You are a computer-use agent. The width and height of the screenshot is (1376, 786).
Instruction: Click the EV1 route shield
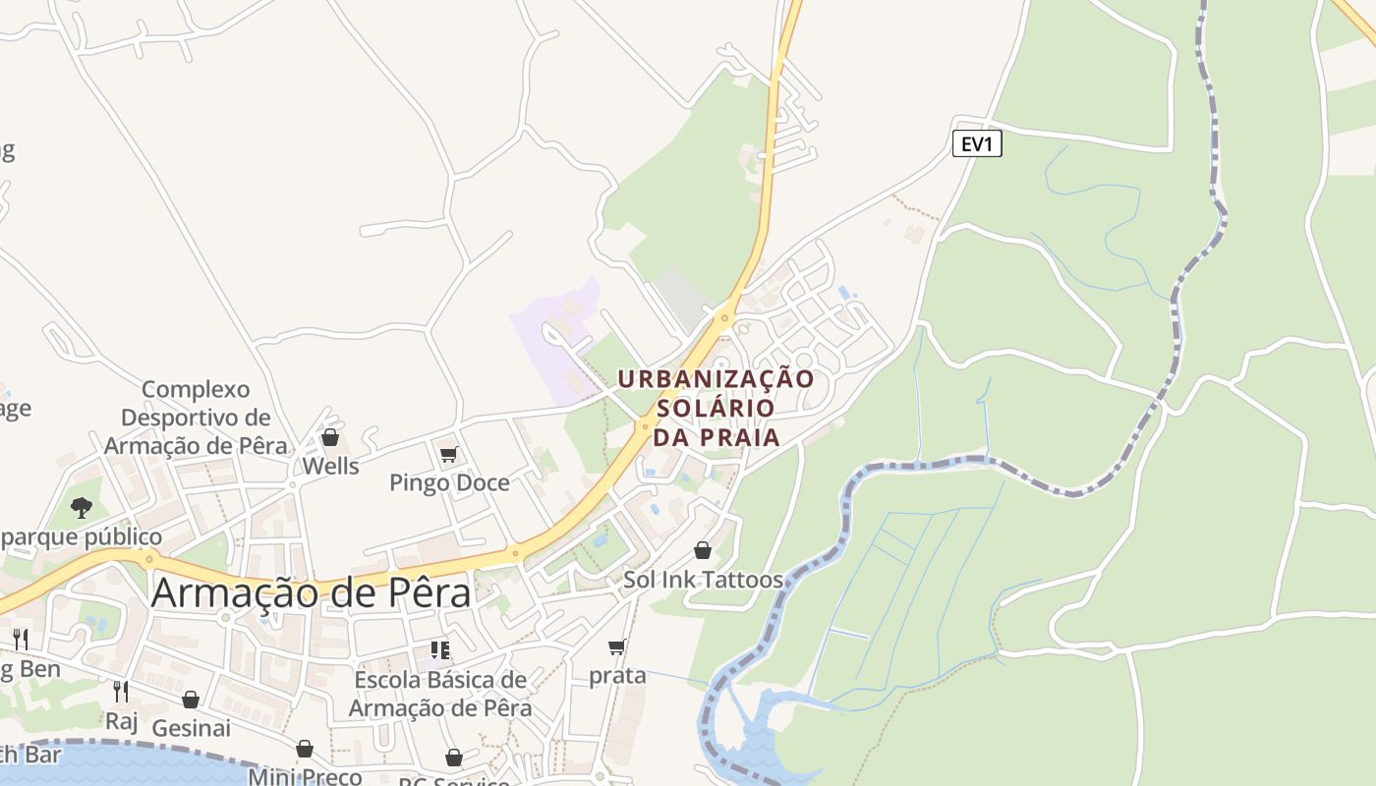(x=977, y=144)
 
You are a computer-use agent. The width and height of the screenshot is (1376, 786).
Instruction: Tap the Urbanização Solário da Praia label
(x=716, y=407)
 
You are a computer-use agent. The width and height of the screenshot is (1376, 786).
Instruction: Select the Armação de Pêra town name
(x=311, y=593)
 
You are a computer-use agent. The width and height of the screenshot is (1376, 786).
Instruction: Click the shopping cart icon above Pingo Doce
(x=449, y=455)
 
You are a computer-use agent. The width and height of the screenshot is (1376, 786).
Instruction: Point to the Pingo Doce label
(x=449, y=482)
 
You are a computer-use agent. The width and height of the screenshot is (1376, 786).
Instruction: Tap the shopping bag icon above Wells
(x=330, y=437)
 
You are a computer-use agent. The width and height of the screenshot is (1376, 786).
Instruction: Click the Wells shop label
(x=330, y=466)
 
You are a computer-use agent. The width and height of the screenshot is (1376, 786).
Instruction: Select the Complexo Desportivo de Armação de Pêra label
(x=196, y=418)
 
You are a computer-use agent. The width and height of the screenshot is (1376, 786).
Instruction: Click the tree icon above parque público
(x=82, y=508)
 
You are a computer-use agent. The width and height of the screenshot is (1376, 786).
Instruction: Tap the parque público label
(x=83, y=537)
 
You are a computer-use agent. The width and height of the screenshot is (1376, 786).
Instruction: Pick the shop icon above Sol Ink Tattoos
(x=703, y=550)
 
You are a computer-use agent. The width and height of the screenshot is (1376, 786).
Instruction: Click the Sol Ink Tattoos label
(x=703, y=580)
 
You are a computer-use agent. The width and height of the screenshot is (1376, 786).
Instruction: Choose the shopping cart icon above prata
(x=617, y=647)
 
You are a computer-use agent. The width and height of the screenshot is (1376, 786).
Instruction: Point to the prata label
(x=617, y=676)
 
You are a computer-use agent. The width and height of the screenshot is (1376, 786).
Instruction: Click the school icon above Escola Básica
(x=440, y=650)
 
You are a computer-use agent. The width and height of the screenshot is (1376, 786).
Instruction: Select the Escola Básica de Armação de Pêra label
(x=440, y=694)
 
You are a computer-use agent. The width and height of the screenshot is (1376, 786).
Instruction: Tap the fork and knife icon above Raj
(x=121, y=692)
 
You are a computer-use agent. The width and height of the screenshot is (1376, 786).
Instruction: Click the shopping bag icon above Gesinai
(x=191, y=700)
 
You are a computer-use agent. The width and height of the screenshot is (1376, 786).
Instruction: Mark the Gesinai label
(x=191, y=728)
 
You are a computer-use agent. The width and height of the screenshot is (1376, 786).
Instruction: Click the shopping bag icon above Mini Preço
(x=305, y=750)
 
